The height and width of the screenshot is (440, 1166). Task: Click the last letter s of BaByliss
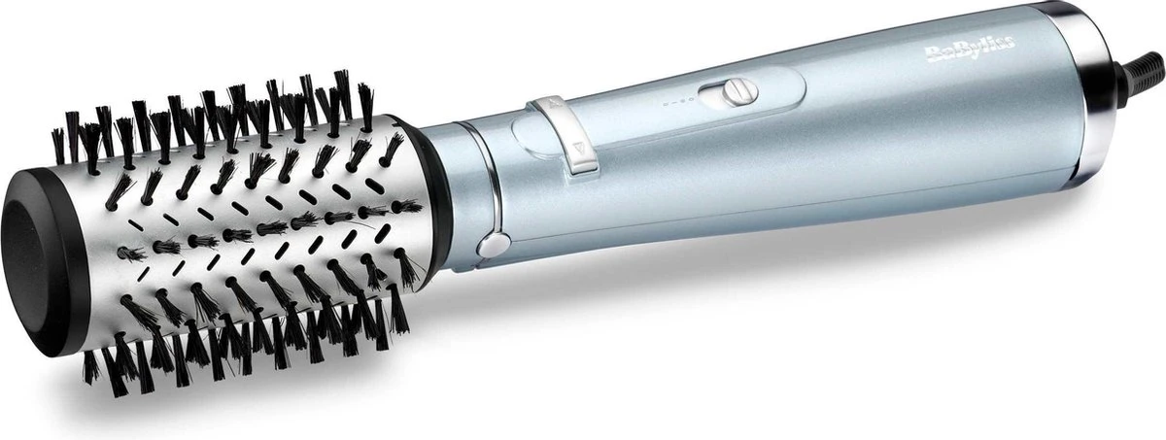click(x=1010, y=44)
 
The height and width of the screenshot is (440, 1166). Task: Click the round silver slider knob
click(x=739, y=91)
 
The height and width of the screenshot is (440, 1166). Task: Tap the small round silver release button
click(x=494, y=245)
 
